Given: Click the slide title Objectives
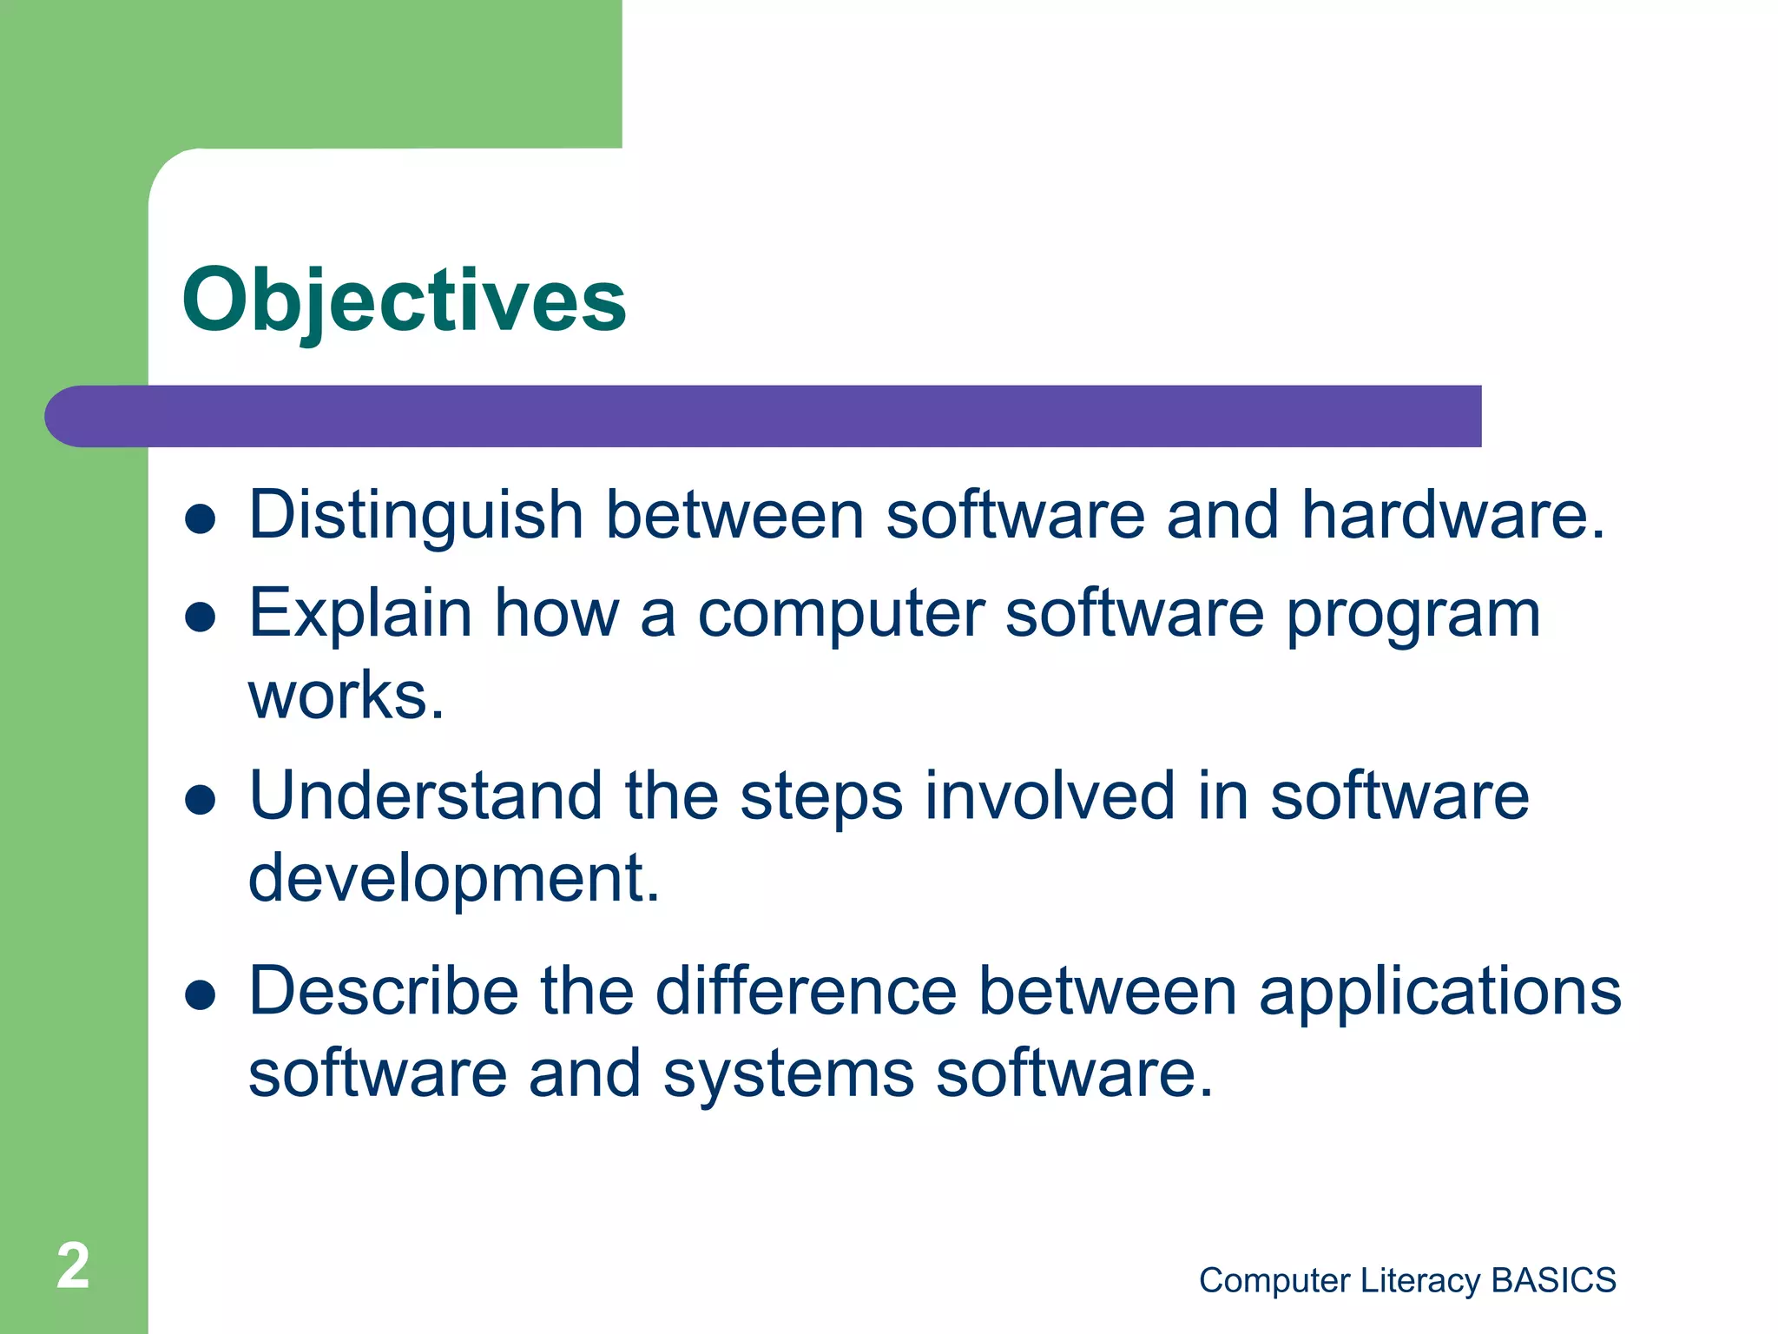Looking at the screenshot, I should click(404, 300).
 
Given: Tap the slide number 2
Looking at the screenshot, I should click(73, 1266).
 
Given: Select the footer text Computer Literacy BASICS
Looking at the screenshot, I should click(1406, 1280).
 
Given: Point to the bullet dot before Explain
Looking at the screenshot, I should click(201, 617).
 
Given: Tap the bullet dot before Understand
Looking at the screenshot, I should click(201, 801).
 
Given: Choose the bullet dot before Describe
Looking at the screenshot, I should click(201, 996).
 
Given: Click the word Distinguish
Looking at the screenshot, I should click(416, 516).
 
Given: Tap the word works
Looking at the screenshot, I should click(346, 697).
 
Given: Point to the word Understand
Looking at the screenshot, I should click(425, 796).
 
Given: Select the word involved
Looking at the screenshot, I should click(1049, 796).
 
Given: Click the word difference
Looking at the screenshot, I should click(806, 991).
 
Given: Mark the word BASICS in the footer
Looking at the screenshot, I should click(1553, 1280).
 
